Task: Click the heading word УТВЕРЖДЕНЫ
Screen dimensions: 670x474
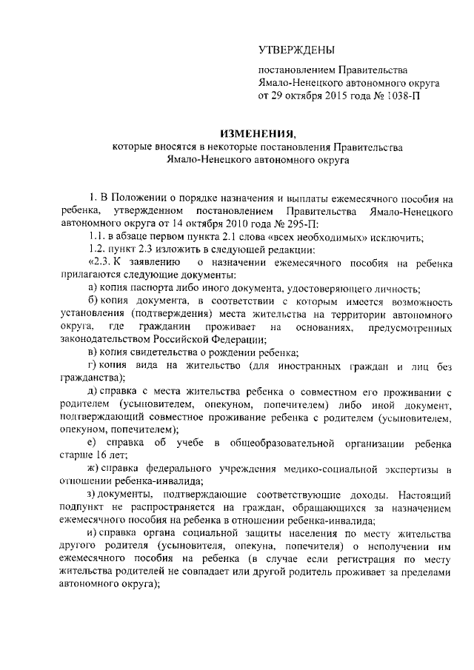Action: [296, 50]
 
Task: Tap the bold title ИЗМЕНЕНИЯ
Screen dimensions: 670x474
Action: [265, 135]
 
